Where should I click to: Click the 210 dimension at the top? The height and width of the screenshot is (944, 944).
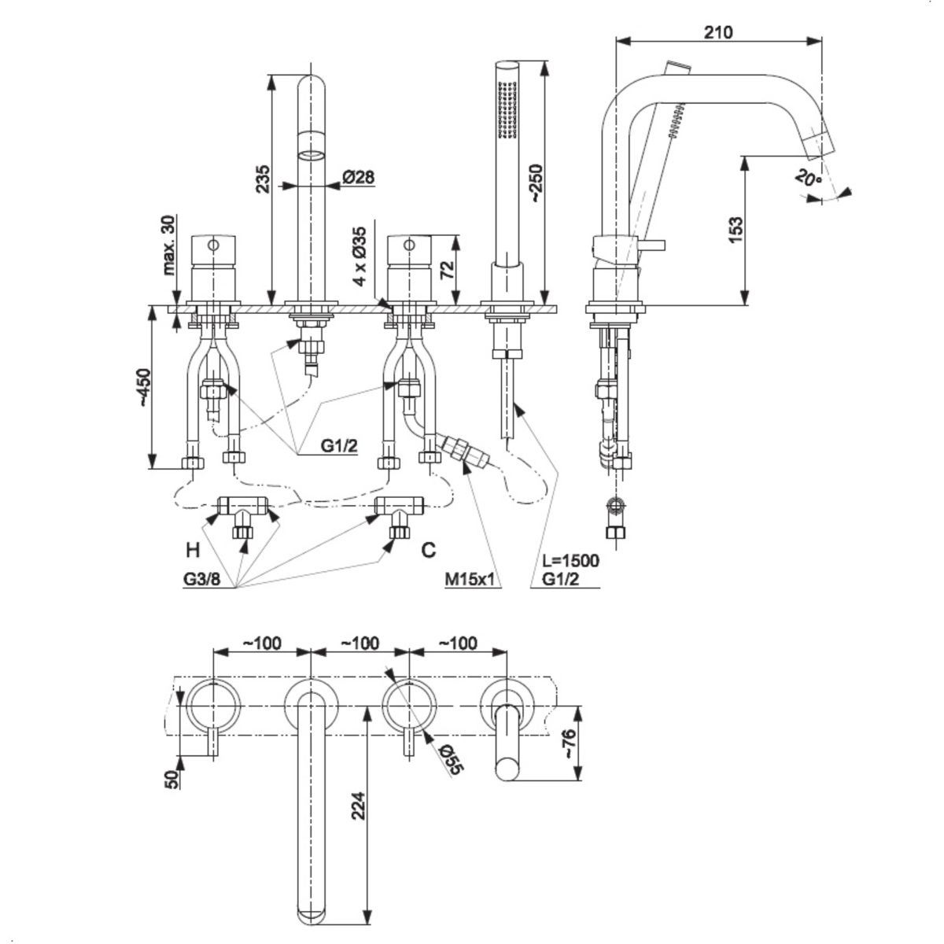point(719,32)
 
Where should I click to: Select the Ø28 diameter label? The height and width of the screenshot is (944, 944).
point(358,177)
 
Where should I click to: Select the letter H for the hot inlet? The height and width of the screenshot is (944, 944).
point(192,549)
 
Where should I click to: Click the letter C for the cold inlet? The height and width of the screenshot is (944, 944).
point(428,549)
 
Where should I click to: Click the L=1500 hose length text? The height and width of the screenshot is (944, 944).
point(570,561)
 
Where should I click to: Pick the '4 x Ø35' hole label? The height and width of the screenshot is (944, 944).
point(360,256)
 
